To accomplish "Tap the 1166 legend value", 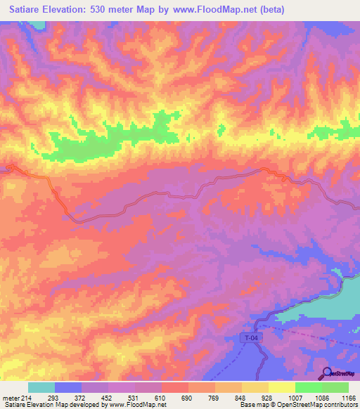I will [x=349, y=398].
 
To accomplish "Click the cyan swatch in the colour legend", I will [x=41, y=387].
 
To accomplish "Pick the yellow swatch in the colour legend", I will [x=282, y=387].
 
